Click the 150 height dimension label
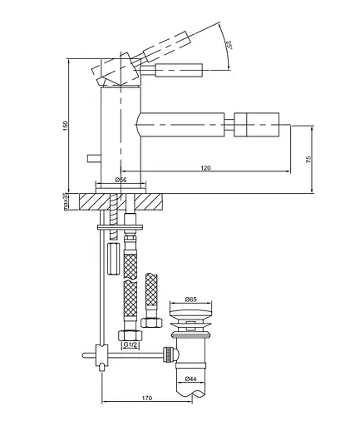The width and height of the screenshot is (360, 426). pyautogui.click(x=66, y=126)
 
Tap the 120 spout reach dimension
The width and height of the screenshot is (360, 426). pyautogui.click(x=205, y=168)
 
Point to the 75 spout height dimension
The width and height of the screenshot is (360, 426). pyautogui.click(x=309, y=159)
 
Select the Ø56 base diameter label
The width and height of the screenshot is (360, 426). pyautogui.click(x=121, y=180)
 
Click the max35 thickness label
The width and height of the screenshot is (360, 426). pyautogui.click(x=66, y=201)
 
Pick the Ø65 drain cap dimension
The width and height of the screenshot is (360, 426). pyautogui.click(x=190, y=300)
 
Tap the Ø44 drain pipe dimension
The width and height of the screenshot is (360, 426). pyautogui.click(x=190, y=379)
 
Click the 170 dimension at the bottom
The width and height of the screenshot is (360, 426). pyautogui.click(x=147, y=399)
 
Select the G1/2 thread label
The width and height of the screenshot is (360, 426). pyautogui.click(x=131, y=345)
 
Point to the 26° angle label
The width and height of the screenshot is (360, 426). pyautogui.click(x=229, y=44)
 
